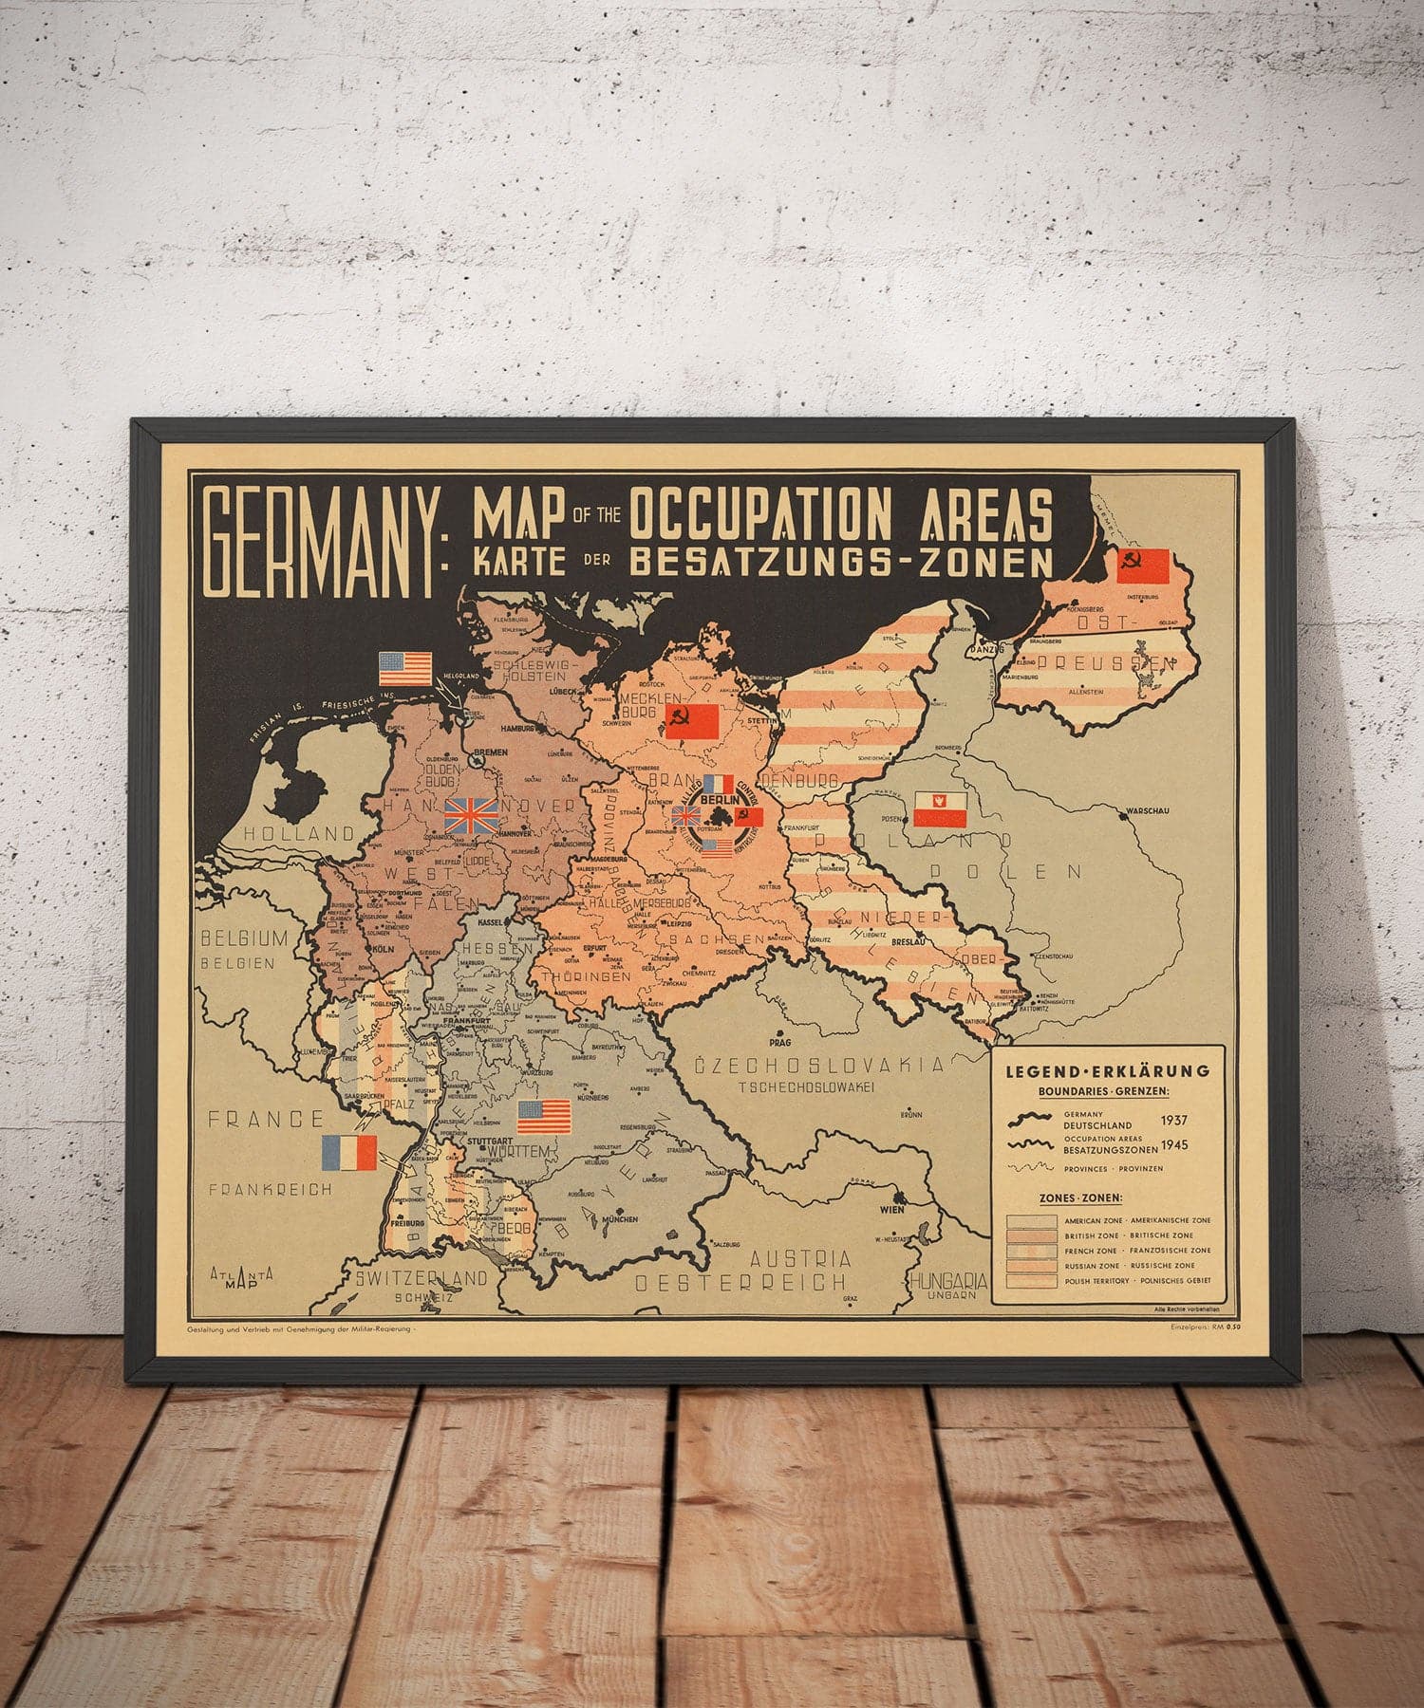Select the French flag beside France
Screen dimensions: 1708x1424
[x=349, y=1152]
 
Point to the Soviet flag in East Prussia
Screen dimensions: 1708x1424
[x=1143, y=566]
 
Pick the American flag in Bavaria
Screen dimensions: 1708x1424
[x=543, y=1116]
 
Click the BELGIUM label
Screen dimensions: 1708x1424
[x=243, y=939]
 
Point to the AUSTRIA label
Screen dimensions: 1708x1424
[x=800, y=1259]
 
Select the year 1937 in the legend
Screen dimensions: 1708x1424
[x=1173, y=1120]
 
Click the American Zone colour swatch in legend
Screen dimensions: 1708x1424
[x=1030, y=1221]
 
